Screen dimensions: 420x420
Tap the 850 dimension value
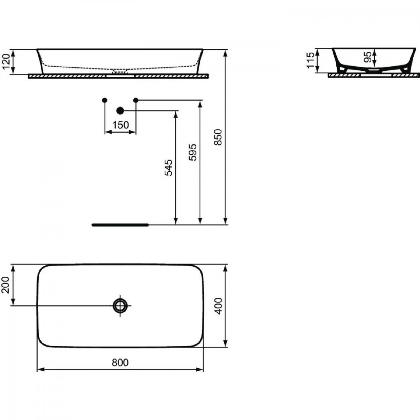point(218,137)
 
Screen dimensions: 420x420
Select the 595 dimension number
point(193,152)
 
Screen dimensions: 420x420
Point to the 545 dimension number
point(168,168)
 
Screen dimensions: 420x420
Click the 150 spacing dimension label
point(121,125)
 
